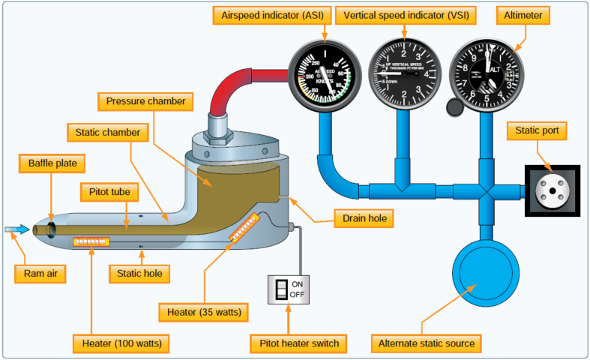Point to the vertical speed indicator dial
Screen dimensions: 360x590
pyautogui.click(x=405, y=76)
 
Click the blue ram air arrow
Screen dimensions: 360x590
pyautogui.click(x=16, y=229)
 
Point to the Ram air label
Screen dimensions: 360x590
pyautogui.click(x=39, y=273)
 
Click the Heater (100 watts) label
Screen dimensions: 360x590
pyautogui.click(x=121, y=343)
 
